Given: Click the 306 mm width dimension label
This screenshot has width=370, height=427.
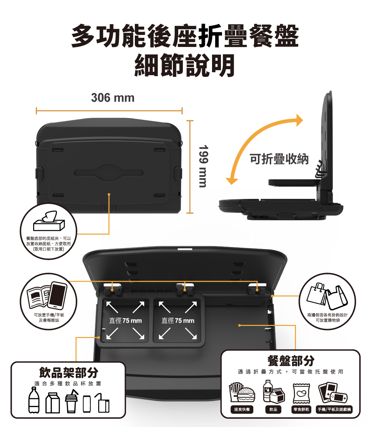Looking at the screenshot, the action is coord(113,98).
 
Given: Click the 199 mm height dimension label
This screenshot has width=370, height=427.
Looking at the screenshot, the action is coord(203,166).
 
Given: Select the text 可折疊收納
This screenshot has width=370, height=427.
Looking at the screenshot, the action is coord(279,159).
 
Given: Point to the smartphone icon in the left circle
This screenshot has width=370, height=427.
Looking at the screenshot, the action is coord(57,295).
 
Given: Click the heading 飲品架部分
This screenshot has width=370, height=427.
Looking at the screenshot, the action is coord(69,373).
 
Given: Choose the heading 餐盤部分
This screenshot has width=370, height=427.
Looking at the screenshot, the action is coord(291,361).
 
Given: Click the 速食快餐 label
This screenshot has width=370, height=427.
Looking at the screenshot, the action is coord(242,410).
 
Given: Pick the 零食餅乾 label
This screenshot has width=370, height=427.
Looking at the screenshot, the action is coord(301,410).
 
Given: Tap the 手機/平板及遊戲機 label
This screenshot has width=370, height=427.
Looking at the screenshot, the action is coord(334,410).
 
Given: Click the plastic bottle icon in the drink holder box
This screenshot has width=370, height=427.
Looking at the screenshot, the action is coord(34,400).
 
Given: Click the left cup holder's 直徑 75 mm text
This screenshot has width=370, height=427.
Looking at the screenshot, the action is coord(125,320).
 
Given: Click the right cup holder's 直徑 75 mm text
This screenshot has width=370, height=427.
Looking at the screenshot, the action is coord(178,320).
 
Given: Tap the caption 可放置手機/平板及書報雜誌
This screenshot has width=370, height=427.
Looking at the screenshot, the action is coord(49,317).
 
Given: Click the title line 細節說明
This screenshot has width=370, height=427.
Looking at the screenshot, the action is coord(185,65).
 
